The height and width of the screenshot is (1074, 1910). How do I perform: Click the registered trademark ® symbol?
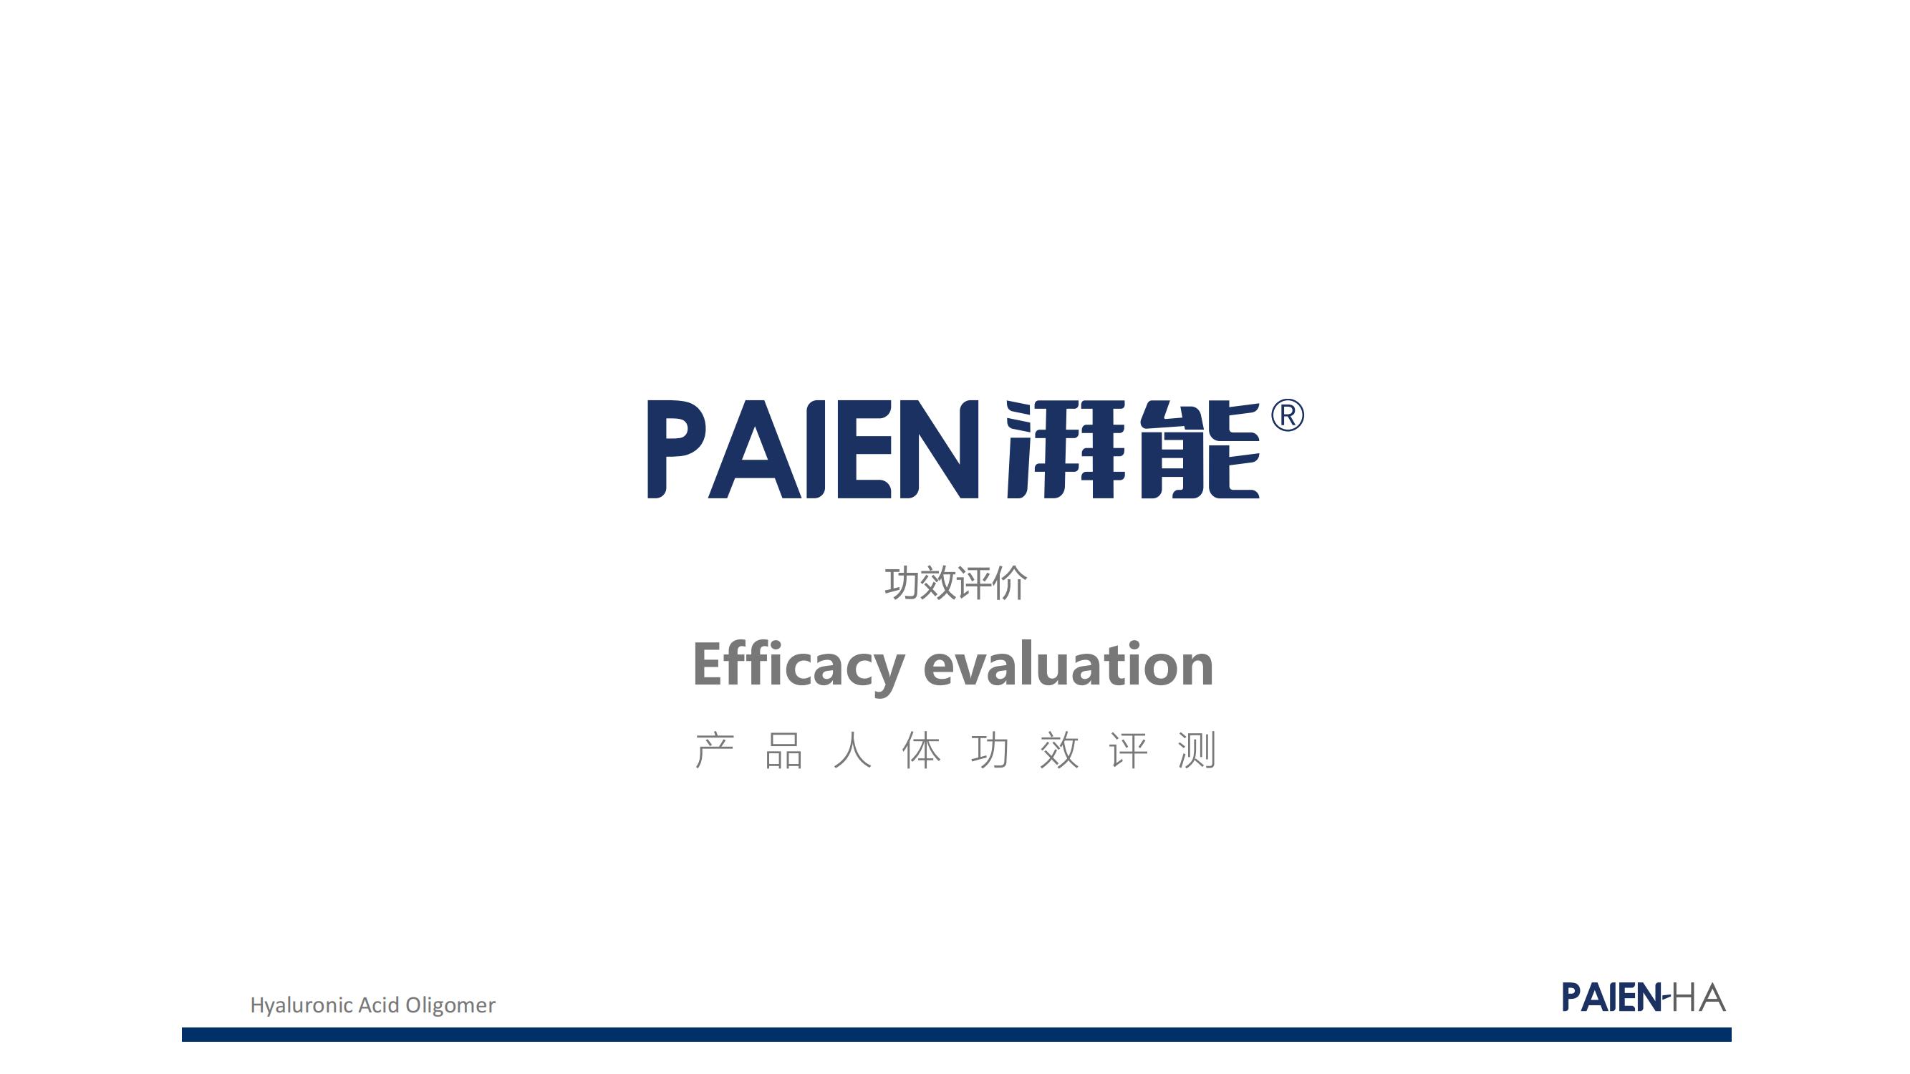(x=1287, y=415)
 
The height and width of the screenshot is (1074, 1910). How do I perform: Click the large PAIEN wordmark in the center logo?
(x=814, y=449)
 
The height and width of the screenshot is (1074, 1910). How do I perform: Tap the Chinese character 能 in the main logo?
(x=1200, y=449)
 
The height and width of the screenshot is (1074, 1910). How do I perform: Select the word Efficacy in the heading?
(x=799, y=666)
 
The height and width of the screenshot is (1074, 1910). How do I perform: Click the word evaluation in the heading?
(x=1069, y=664)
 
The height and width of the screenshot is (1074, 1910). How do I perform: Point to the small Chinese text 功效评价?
(x=956, y=583)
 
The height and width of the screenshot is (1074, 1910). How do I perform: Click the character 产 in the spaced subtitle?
(x=715, y=750)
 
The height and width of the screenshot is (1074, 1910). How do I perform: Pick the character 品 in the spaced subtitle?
(x=783, y=750)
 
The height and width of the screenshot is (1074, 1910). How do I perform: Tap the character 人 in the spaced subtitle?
(x=852, y=750)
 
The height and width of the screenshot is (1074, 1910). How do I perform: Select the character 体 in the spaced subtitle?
(x=921, y=750)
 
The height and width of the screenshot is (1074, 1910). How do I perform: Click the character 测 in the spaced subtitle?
(x=1197, y=750)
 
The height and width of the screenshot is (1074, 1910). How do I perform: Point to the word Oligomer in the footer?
(x=450, y=1006)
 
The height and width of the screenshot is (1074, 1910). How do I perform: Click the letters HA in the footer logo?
(x=1699, y=997)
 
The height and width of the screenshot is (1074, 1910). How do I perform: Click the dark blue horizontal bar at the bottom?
(x=957, y=1034)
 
